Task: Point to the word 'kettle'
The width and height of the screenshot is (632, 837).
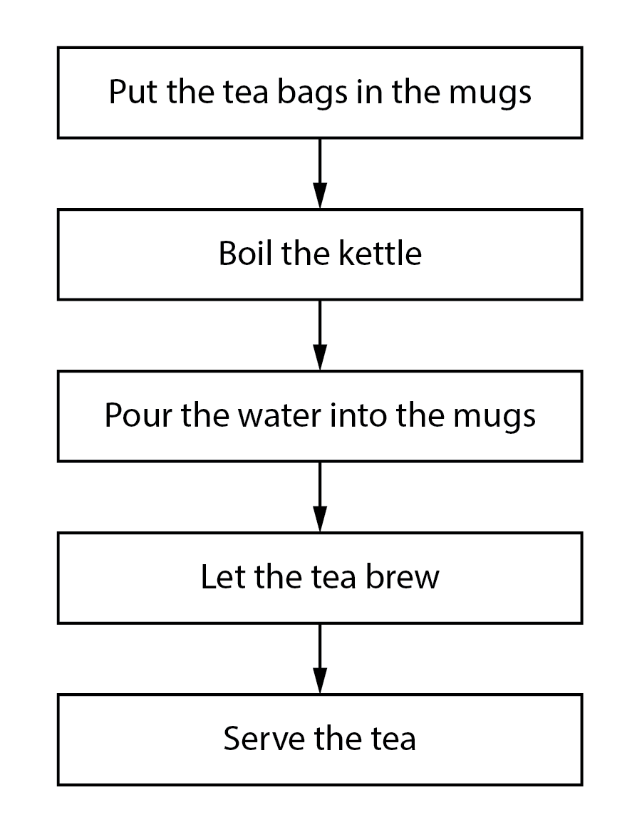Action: pyautogui.click(x=380, y=254)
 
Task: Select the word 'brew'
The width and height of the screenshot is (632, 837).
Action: pyautogui.click(x=403, y=577)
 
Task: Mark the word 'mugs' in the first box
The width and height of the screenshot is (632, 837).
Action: pyautogui.click(x=490, y=94)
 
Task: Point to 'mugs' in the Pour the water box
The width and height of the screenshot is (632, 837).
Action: pyautogui.click(x=494, y=417)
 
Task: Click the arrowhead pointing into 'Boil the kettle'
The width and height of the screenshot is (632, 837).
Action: pyautogui.click(x=320, y=195)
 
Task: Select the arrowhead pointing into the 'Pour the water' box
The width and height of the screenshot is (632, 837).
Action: pyautogui.click(x=320, y=357)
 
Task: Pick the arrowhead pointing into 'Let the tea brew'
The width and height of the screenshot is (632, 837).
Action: pyautogui.click(x=320, y=519)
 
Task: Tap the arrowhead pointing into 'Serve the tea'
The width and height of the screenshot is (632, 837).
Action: pyautogui.click(x=320, y=680)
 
